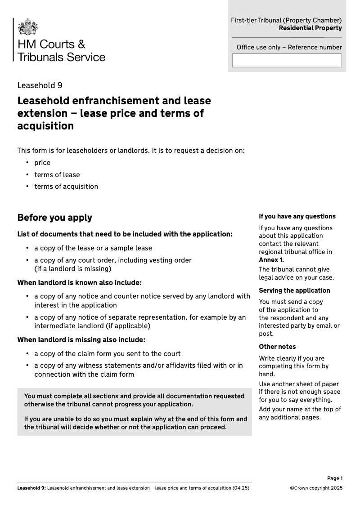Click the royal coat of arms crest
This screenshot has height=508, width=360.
click(x=27, y=27)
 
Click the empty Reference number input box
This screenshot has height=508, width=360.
click(x=287, y=60)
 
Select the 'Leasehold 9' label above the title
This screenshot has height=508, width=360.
click(x=40, y=85)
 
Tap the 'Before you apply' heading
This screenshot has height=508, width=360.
click(x=54, y=218)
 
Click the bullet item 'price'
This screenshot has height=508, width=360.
click(x=42, y=163)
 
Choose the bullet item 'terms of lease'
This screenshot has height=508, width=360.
click(x=57, y=175)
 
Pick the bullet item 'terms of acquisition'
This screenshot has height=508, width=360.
click(x=66, y=187)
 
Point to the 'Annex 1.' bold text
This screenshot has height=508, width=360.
click(x=271, y=260)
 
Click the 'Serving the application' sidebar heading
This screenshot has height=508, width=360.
click(x=294, y=290)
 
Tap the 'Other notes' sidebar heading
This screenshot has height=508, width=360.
click(x=277, y=347)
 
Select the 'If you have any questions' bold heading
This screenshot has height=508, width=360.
click(x=297, y=216)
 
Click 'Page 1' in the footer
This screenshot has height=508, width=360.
click(x=335, y=478)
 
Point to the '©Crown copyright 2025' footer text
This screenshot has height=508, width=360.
click(x=316, y=488)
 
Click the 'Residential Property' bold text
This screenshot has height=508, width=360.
click(x=310, y=28)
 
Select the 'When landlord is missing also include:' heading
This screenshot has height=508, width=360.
click(x=81, y=339)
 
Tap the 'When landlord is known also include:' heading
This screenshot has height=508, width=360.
click(x=79, y=283)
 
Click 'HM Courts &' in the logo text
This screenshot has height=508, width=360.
click(x=51, y=44)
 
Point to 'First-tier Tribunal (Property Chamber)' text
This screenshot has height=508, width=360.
click(x=286, y=20)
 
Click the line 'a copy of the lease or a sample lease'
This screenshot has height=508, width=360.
click(x=93, y=248)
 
